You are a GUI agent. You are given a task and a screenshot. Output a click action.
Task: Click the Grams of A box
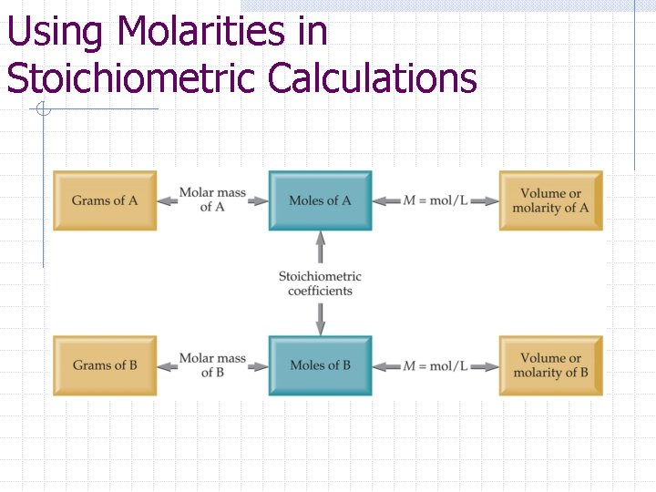[x=105, y=200]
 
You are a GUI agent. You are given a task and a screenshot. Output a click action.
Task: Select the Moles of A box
[x=320, y=200]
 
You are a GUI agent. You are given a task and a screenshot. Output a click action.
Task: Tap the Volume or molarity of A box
[x=550, y=200]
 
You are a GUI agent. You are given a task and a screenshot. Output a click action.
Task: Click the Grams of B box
[x=105, y=365]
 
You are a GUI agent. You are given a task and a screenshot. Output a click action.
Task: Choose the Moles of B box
[x=320, y=365]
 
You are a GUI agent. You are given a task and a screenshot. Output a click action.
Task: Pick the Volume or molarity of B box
[x=550, y=365]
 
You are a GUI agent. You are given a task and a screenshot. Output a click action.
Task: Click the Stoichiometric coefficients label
[x=320, y=283]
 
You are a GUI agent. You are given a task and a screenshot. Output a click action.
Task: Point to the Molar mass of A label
[x=212, y=200]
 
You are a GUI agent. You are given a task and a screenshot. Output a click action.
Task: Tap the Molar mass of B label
[x=212, y=364]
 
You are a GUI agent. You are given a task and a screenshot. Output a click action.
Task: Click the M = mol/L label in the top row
[x=436, y=200]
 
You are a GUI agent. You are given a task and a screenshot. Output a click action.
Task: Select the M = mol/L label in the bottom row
[x=436, y=365]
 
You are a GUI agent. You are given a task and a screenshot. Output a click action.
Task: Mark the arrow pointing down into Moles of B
[x=320, y=320]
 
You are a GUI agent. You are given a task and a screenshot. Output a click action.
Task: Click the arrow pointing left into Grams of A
[x=167, y=200]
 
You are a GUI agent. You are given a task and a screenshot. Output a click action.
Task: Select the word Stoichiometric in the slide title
[x=132, y=77]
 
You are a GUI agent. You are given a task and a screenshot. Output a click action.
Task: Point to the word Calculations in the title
[x=373, y=77]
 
